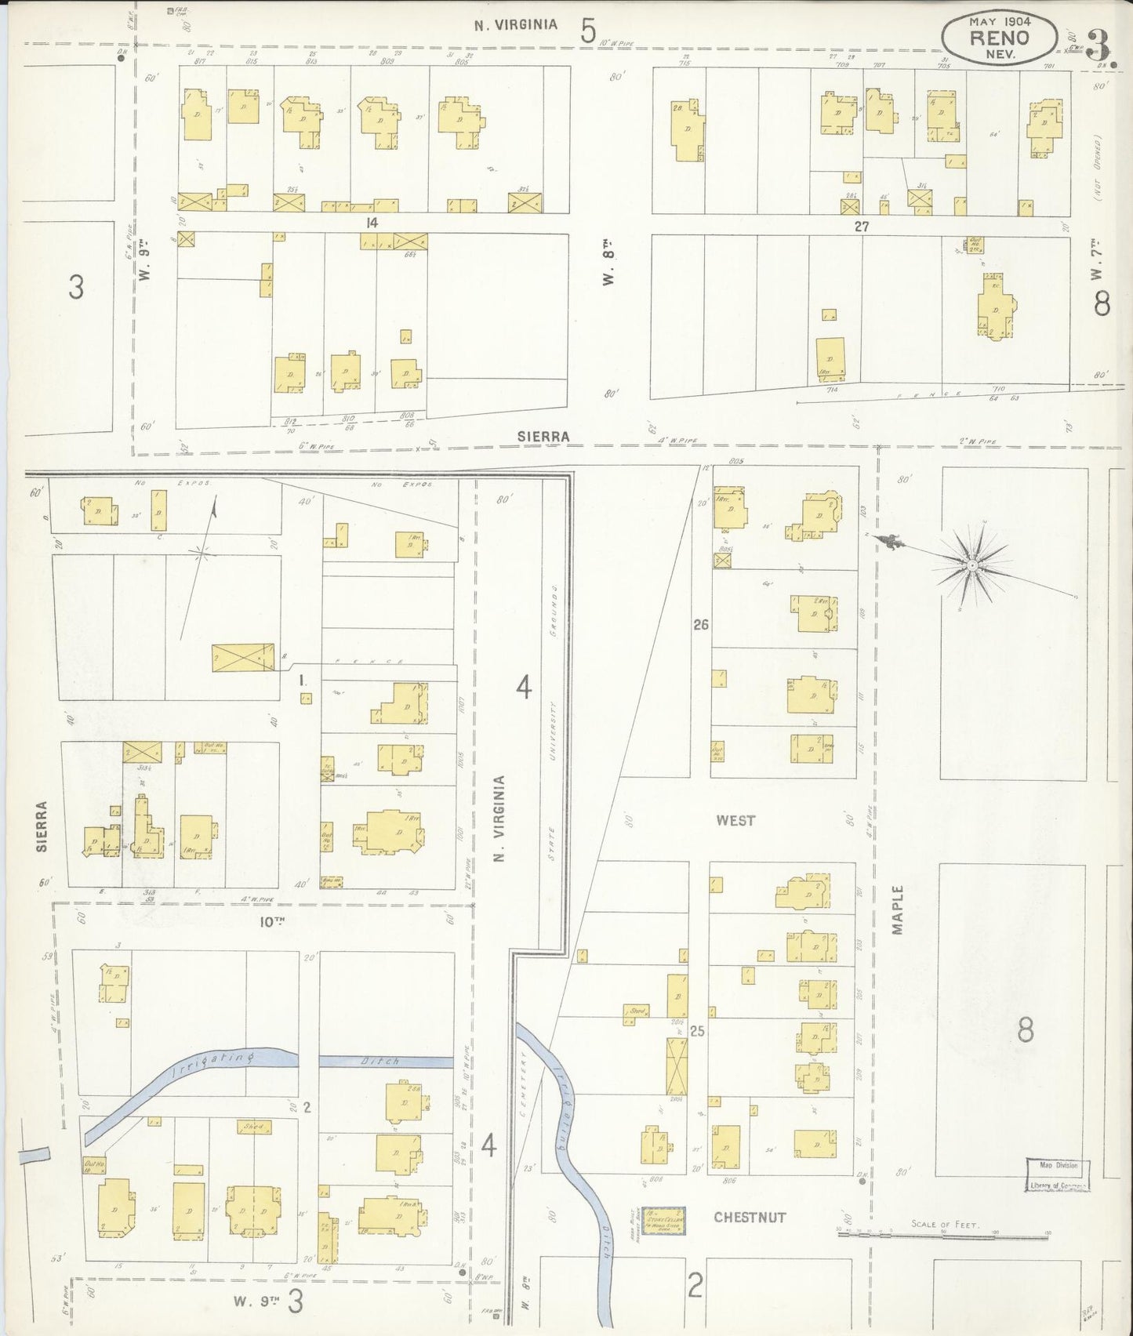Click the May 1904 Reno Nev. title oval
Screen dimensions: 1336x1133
[x=999, y=37]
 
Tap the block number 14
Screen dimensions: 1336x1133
[x=371, y=223]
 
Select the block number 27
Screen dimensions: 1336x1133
[x=862, y=226]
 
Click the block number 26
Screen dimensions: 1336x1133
[x=700, y=625]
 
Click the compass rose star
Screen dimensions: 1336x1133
[x=971, y=565]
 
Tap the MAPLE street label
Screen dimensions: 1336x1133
[x=899, y=909]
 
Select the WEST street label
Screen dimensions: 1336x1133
[x=735, y=820]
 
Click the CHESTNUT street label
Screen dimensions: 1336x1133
[x=749, y=1218]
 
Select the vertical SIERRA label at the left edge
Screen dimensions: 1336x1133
[x=42, y=826]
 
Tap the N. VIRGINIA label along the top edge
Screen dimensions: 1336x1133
[x=516, y=24]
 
